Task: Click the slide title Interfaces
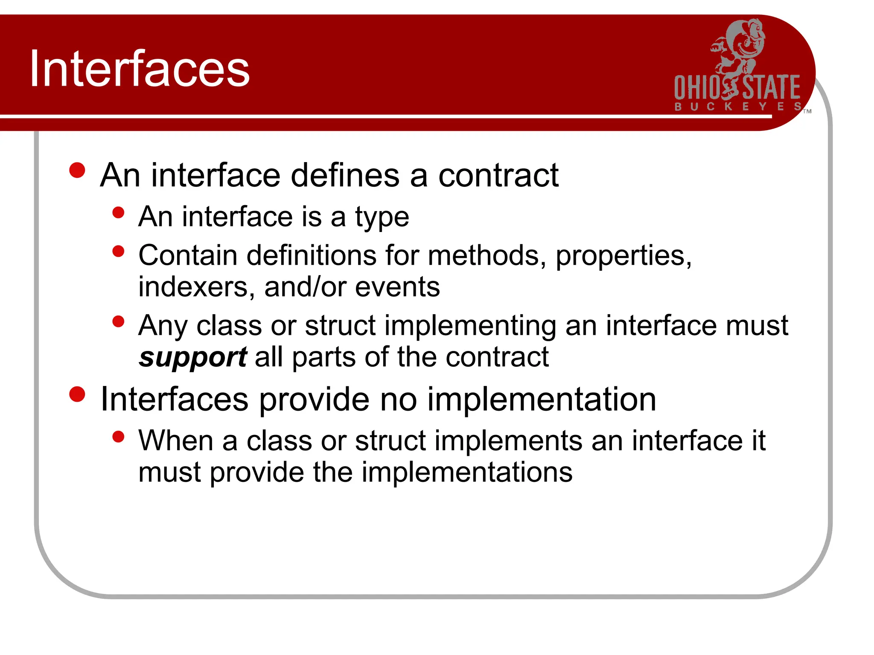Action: [x=139, y=69]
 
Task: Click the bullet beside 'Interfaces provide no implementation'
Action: [x=77, y=394]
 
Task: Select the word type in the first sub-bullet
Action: [x=382, y=217]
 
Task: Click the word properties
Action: [x=623, y=256]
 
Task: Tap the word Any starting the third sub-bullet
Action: [x=163, y=326]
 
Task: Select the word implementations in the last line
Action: [x=467, y=472]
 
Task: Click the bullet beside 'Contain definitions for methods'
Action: [x=118, y=251]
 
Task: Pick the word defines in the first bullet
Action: [x=345, y=175]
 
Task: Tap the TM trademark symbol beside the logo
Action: [x=807, y=111]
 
